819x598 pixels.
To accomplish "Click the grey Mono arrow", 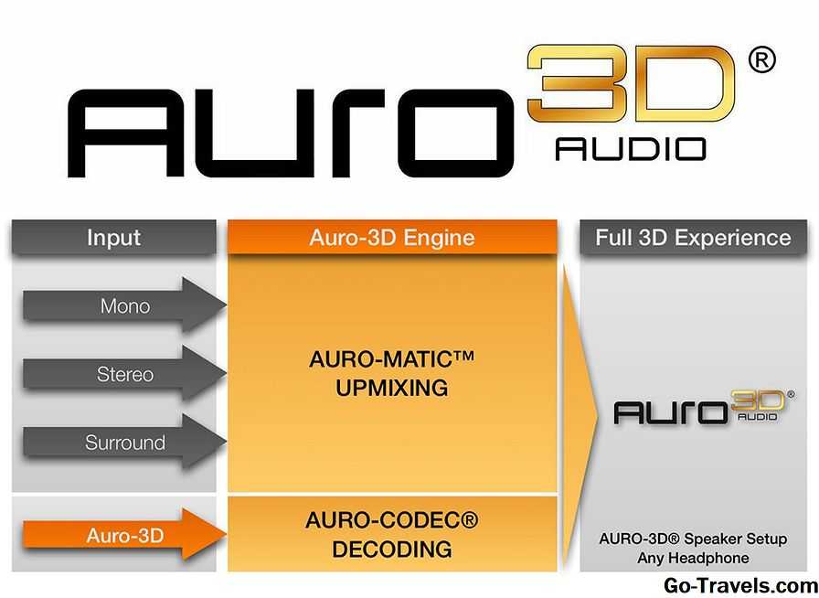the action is point(124,305).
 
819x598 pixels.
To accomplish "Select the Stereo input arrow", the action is point(124,374).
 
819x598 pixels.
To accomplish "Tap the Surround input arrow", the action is point(124,443).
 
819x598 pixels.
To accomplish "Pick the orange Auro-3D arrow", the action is point(124,535).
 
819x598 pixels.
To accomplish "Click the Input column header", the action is point(114,238).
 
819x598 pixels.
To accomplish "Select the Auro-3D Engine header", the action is point(392,238).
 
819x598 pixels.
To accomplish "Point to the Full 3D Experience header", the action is point(693,238).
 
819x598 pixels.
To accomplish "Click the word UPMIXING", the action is point(392,388).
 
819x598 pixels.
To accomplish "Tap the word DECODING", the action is point(392,550).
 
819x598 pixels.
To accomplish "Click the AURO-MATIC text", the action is point(392,359).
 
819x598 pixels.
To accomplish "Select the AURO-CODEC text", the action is point(392,520).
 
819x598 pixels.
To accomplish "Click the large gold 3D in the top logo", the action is point(631,83).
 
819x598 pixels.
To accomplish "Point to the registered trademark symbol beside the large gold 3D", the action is point(762,60).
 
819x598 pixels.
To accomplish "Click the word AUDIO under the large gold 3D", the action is point(631,148).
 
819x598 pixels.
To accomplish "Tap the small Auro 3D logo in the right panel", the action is point(704,407).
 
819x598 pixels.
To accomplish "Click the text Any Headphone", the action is point(693,558).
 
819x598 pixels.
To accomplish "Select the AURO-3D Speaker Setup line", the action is point(693,539).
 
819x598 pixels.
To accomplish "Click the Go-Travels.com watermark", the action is point(740,586).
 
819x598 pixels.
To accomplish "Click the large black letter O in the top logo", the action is point(455,133).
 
